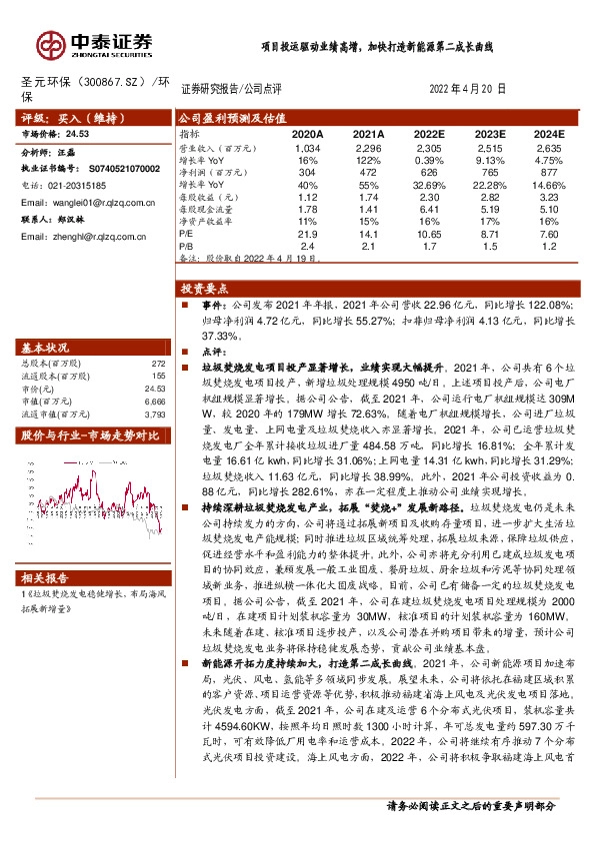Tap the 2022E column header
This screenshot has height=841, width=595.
coord(429,133)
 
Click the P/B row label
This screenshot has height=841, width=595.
coord(185,244)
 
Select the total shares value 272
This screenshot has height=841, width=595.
coord(156,364)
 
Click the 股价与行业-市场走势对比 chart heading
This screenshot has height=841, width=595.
coord(90,434)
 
